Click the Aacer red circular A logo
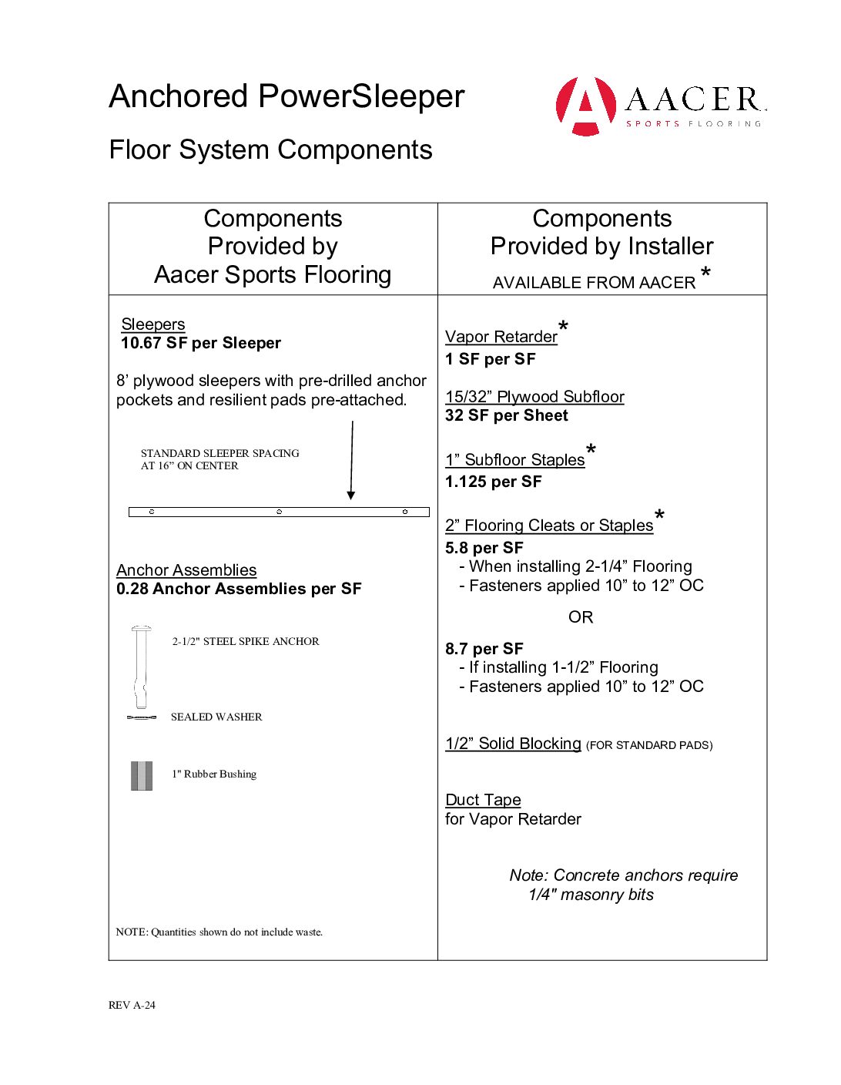[x=585, y=106]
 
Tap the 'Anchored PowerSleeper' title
[x=286, y=97]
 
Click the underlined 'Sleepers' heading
[x=153, y=324]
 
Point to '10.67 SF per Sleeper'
[x=201, y=343]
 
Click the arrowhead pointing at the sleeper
[x=351, y=495]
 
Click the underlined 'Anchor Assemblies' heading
[x=186, y=570]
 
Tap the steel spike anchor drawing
[x=141, y=666]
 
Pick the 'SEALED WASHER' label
[x=216, y=717]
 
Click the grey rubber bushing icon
[x=141, y=776]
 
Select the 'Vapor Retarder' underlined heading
[x=501, y=337]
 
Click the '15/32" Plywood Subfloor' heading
[x=534, y=397]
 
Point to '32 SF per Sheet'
[x=507, y=415]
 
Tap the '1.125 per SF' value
[x=494, y=482]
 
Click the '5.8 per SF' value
[x=484, y=548]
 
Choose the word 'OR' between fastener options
[x=581, y=617]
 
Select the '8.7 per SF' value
[x=484, y=649]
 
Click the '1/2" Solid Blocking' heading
[x=513, y=744]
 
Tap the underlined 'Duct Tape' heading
[x=483, y=800]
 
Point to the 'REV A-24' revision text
[x=132, y=1005]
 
